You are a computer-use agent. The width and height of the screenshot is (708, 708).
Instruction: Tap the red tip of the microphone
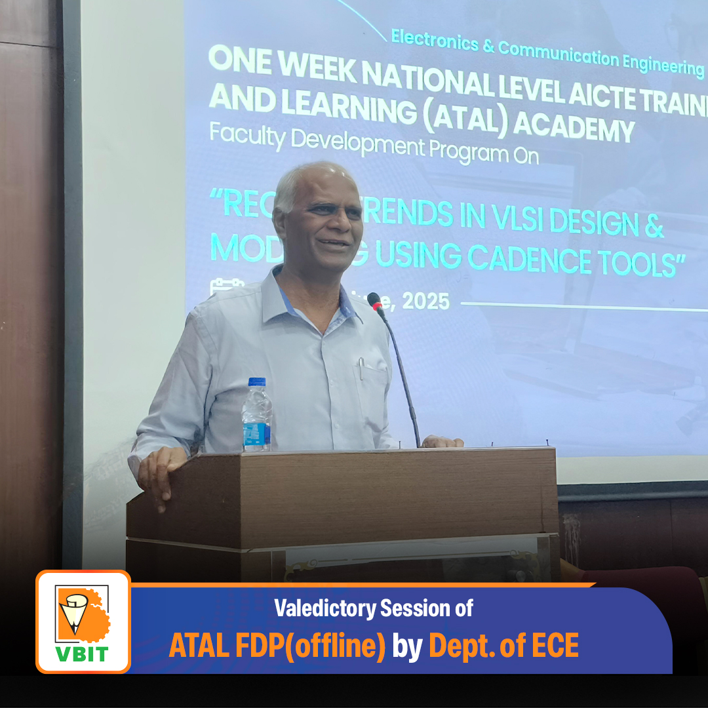point(374,300)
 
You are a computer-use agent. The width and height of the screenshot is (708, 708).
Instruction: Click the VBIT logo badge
point(83,621)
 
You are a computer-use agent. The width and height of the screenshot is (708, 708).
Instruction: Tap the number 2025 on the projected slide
point(425,301)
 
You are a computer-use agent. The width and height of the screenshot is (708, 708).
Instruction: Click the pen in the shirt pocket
point(360,368)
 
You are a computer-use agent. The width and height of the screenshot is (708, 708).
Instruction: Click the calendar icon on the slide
point(218,287)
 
